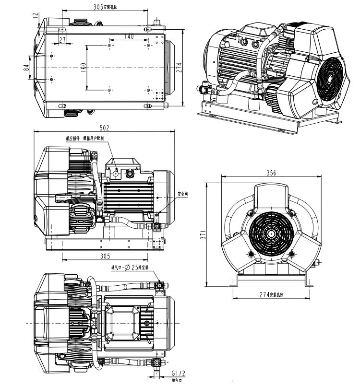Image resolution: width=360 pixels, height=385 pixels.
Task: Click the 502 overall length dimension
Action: (105, 128)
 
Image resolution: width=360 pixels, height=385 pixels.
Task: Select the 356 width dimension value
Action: (272, 174)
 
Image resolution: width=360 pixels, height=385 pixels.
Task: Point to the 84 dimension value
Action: (26, 68)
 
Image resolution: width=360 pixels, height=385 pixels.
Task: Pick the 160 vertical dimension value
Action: (83, 68)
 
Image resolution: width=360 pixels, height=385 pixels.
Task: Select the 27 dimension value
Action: (62, 39)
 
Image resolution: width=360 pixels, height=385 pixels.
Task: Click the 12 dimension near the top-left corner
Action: (35, 15)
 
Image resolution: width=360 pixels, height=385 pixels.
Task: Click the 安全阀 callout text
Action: (182, 194)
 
